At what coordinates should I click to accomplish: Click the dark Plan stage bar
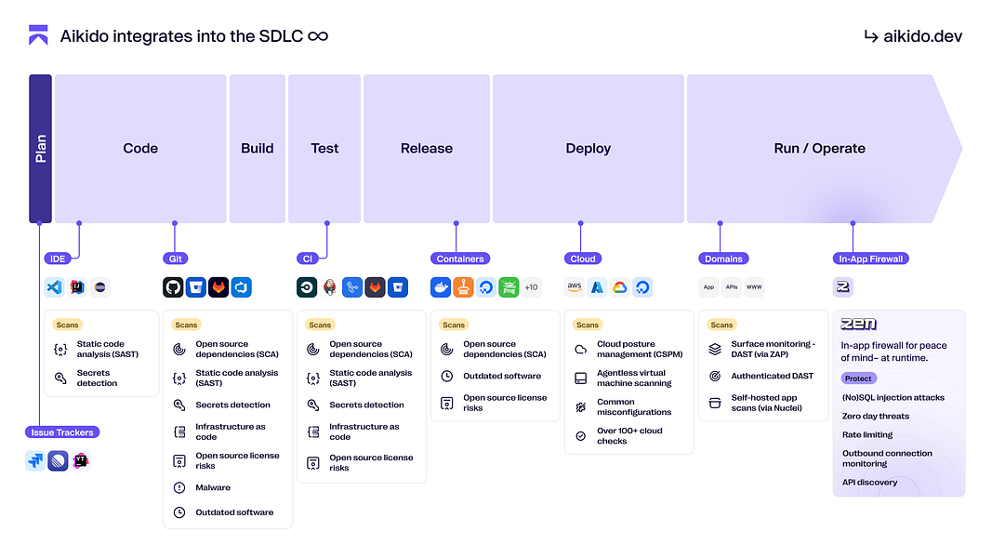40,149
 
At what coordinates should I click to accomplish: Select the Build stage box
258,149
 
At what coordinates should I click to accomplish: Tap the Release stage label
427,149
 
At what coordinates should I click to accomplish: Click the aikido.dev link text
922,36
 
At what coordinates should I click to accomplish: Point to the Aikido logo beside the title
38,36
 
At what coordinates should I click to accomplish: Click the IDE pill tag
58,259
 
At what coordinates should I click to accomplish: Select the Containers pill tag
460,259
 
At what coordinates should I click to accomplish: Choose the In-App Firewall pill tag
871,259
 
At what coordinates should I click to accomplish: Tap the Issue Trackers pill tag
62,432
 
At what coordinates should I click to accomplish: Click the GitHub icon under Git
174,287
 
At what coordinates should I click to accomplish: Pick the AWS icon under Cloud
575,287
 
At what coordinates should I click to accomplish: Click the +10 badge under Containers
531,287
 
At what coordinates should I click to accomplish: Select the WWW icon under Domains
754,287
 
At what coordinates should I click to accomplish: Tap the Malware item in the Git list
213,487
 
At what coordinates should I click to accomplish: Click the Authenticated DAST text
772,376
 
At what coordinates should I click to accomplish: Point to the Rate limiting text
867,434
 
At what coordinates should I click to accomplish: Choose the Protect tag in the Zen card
858,379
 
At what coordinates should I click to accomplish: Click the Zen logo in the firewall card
858,325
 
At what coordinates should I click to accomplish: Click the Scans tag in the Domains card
721,325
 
